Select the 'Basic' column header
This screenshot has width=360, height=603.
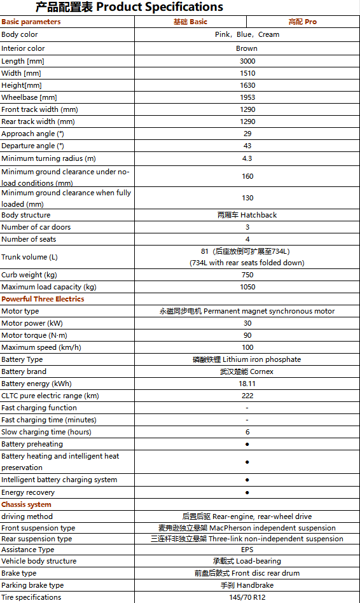(x=190, y=22)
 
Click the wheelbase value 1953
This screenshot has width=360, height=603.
(x=247, y=97)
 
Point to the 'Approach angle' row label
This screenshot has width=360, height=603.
(x=33, y=134)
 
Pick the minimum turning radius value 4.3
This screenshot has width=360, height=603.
(x=247, y=158)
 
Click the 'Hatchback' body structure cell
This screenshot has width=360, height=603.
(x=247, y=215)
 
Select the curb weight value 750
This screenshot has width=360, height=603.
(x=247, y=275)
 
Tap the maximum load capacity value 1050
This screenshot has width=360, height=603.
(x=247, y=287)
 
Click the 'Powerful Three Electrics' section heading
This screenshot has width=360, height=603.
(x=43, y=299)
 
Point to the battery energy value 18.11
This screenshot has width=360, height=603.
(x=247, y=384)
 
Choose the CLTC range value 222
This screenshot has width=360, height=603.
(x=247, y=396)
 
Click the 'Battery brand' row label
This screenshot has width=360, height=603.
(x=24, y=371)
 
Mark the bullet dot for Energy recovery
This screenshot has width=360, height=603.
(x=247, y=492)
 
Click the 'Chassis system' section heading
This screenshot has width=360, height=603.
(x=27, y=504)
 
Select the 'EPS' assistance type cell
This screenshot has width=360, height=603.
(x=247, y=550)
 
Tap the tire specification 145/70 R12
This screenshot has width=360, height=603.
(x=247, y=597)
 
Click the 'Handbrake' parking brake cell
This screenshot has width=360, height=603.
(x=247, y=585)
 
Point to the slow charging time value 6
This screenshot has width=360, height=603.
(x=247, y=432)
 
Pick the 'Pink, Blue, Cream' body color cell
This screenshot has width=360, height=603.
(x=247, y=34)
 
